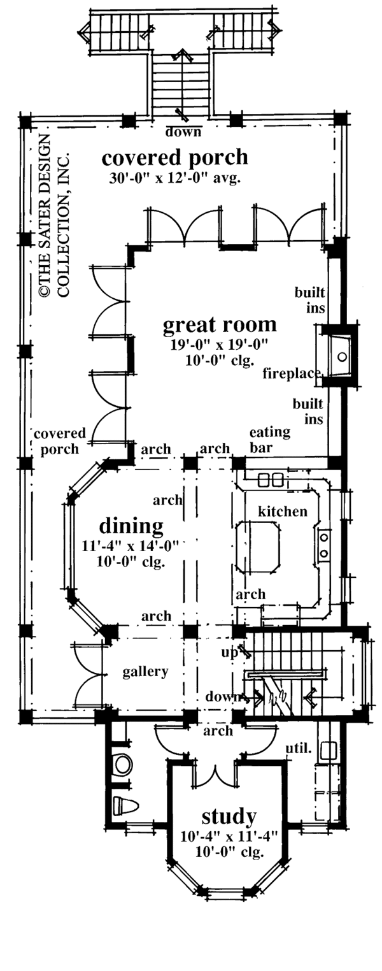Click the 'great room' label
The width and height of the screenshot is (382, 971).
(x=220, y=325)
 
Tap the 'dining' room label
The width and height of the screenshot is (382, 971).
(x=131, y=526)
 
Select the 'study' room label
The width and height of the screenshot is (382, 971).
(x=229, y=816)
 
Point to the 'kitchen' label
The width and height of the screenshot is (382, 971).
(x=283, y=511)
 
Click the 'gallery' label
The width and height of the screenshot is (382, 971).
(x=146, y=671)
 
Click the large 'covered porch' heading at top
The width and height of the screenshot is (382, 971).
(x=174, y=157)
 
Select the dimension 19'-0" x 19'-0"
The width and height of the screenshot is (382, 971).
(x=219, y=345)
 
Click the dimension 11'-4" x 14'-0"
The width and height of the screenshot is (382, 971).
(x=131, y=545)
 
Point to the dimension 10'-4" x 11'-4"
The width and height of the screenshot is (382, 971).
(x=229, y=835)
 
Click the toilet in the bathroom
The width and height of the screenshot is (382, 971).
(x=122, y=805)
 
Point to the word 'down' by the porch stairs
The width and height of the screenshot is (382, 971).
(x=183, y=133)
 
